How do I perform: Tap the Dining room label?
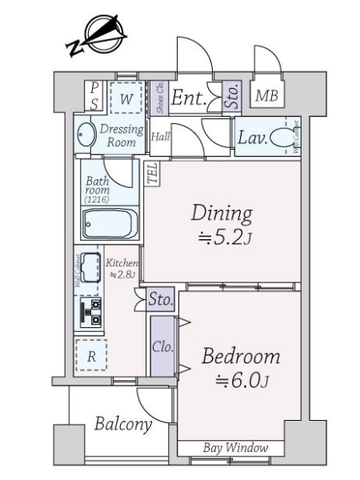click(x=222, y=214)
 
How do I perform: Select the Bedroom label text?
click(x=241, y=356)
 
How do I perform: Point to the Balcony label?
click(x=123, y=425)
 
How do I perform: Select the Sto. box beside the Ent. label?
click(x=231, y=98)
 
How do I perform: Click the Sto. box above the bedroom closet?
click(x=162, y=301)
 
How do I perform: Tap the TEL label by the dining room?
click(x=151, y=173)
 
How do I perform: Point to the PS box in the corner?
click(x=94, y=96)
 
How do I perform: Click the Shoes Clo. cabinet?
click(x=158, y=98)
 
